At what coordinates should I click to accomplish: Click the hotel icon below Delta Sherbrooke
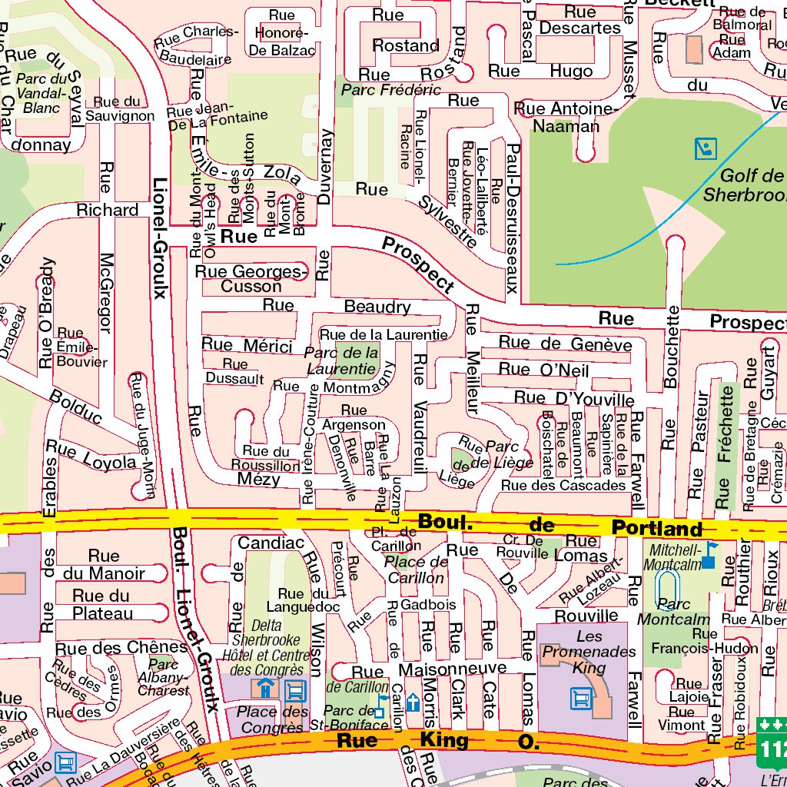[x=266, y=689]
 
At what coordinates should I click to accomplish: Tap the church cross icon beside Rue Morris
[x=413, y=702]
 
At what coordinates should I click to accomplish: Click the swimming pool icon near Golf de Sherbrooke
[x=705, y=148]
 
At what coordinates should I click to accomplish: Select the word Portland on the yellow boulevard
[x=657, y=529]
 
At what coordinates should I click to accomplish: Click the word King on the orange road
[x=443, y=740]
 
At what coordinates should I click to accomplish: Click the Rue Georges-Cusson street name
[x=251, y=279]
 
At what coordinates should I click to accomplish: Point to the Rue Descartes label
[x=579, y=20]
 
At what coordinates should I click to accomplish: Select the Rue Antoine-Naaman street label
[x=566, y=118]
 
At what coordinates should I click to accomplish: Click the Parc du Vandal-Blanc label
[x=42, y=93]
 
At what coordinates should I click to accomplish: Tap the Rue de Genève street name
[x=565, y=344]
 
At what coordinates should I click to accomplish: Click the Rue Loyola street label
[x=91, y=454]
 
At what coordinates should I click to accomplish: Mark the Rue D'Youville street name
[x=573, y=398]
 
